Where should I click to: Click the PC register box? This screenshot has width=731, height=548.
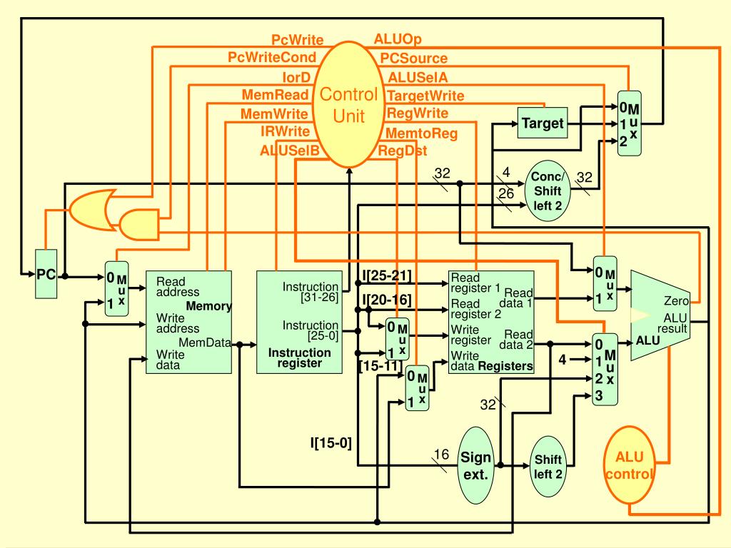pyautogui.click(x=46, y=273)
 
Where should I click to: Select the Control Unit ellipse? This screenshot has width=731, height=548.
pyautogui.click(x=348, y=104)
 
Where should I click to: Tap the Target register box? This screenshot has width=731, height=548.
pyautogui.click(x=543, y=123)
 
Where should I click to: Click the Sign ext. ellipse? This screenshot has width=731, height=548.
pyautogui.click(x=475, y=465)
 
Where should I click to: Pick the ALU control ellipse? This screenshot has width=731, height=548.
pyautogui.click(x=630, y=465)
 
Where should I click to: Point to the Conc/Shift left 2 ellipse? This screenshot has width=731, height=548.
pyautogui.click(x=548, y=191)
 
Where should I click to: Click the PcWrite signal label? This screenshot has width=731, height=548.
pyautogui.click(x=298, y=40)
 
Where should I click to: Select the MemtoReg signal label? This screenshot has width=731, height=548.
pyautogui.click(x=421, y=133)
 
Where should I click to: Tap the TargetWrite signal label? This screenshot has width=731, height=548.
pyautogui.click(x=425, y=96)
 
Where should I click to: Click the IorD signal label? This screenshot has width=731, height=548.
pyautogui.click(x=296, y=76)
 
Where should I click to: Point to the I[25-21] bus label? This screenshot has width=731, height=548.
pyautogui.click(x=387, y=275)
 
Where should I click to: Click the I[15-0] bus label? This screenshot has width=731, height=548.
pyautogui.click(x=331, y=442)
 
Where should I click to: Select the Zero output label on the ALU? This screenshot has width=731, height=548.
pyautogui.click(x=677, y=300)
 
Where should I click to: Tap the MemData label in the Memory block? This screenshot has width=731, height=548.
pyautogui.click(x=205, y=342)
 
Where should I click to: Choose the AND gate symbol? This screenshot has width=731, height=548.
pyautogui.click(x=139, y=224)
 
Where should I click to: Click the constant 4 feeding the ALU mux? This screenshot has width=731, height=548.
pyautogui.click(x=563, y=360)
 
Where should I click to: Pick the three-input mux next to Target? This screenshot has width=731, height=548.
pyautogui.click(x=630, y=123)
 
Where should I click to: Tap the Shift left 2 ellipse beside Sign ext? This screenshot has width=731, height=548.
pyautogui.click(x=548, y=467)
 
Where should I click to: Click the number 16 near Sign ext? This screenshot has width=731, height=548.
pyautogui.click(x=441, y=454)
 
